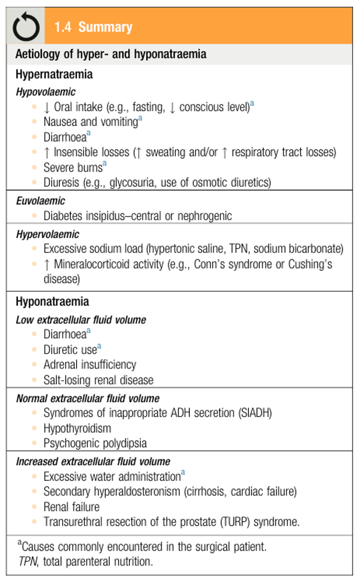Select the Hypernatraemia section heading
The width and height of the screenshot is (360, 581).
point(54,75)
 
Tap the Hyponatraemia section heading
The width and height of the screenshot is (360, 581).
point(52,302)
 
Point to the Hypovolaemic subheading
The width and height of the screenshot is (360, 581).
point(45,91)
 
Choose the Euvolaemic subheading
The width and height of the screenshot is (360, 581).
point(40,201)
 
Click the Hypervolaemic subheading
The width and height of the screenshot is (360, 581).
point(48,234)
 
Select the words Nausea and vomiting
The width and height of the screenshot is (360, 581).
point(90,122)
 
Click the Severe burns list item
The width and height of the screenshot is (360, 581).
point(72,167)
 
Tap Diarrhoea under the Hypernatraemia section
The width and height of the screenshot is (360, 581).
point(64,137)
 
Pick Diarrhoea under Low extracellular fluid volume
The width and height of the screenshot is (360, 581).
point(64,334)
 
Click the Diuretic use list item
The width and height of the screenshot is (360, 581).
point(70,350)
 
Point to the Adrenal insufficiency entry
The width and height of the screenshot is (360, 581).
point(90,365)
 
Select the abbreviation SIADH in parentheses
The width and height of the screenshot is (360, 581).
point(256,413)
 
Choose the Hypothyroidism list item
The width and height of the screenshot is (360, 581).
point(77,428)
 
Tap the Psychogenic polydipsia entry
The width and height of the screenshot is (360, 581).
point(95,444)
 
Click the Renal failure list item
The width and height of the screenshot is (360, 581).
point(71,507)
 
